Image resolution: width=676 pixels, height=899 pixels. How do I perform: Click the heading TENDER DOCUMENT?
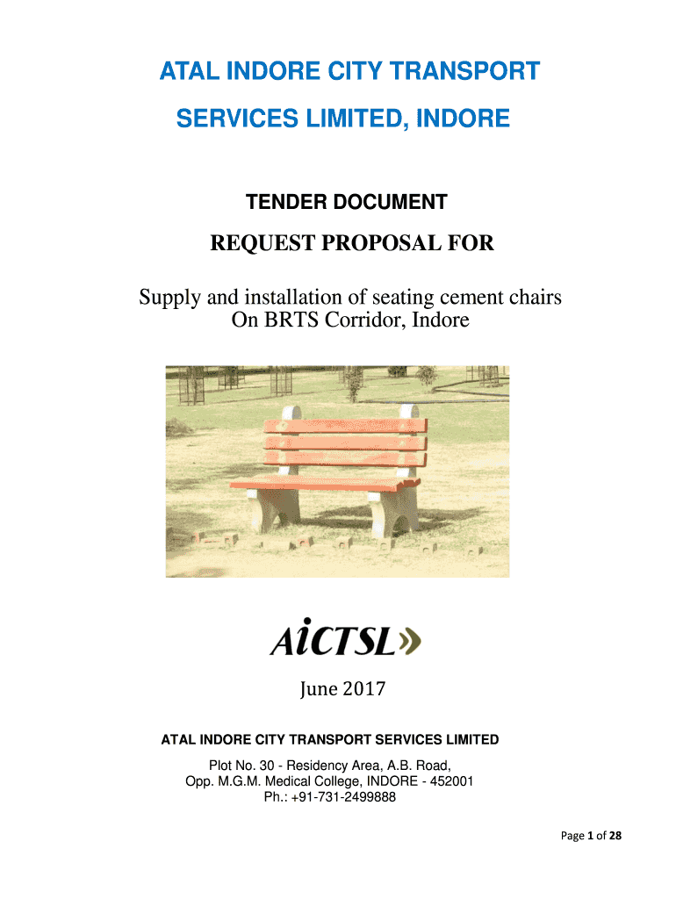pyautogui.click(x=346, y=203)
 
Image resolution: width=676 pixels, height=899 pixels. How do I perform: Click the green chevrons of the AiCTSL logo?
pyautogui.click(x=409, y=644)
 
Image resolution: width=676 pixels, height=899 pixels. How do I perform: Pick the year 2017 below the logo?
pyautogui.click(x=362, y=690)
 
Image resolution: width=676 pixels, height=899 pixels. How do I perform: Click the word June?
pyautogui.click(x=312, y=690)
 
